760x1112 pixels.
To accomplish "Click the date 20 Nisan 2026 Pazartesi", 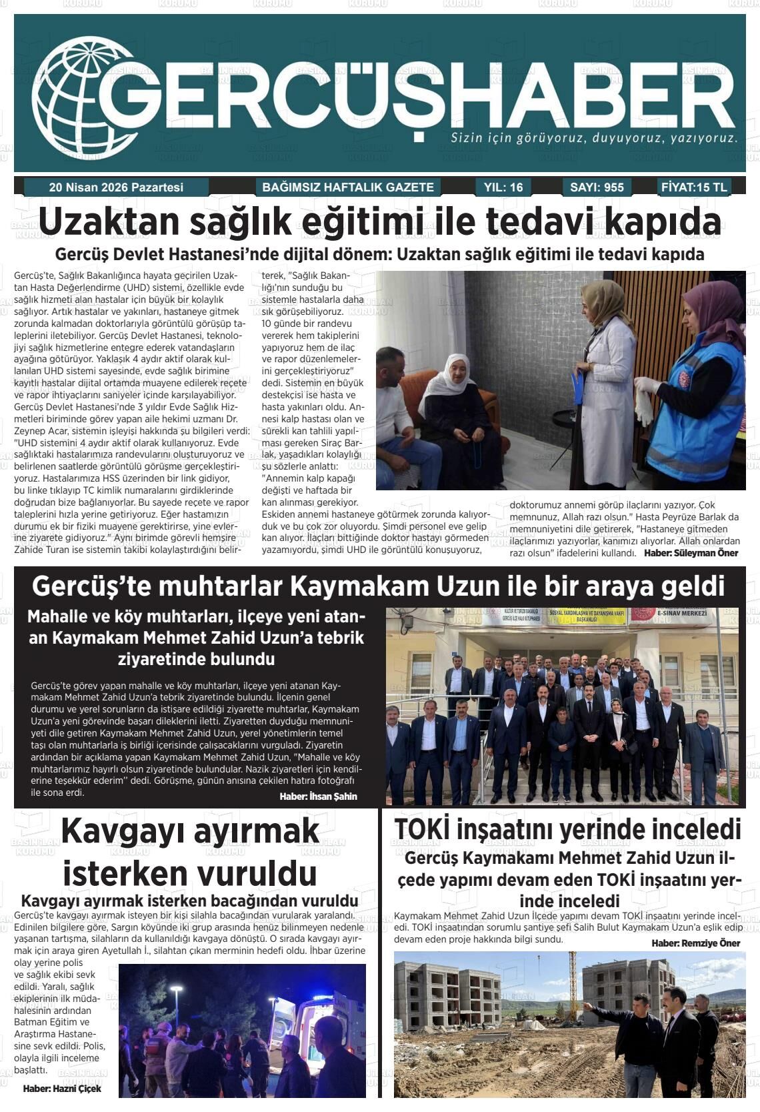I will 116,187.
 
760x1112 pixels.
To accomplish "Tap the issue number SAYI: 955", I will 597,187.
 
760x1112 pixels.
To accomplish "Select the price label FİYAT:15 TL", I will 694,187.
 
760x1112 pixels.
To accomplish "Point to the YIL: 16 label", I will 503,187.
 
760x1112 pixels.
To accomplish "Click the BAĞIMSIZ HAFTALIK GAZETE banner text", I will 348,187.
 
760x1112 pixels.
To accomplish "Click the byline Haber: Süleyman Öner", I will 691,553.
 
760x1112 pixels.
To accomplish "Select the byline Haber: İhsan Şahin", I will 318,796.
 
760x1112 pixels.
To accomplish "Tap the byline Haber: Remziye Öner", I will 695,943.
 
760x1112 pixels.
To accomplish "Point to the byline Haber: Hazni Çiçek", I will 62,1088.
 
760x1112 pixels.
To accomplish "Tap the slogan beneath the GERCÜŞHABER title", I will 594,139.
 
